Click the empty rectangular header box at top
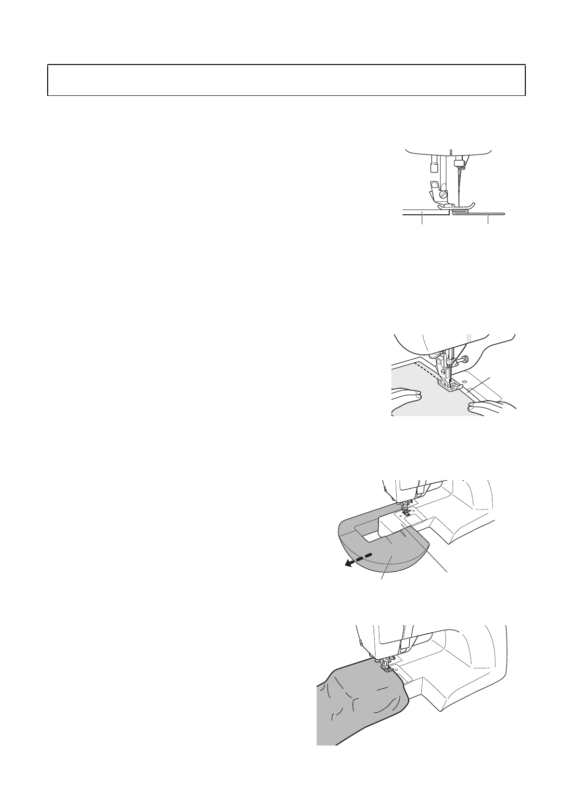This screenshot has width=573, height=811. pyautogui.click(x=286, y=80)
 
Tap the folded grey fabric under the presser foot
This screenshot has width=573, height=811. pyautogui.click(x=461, y=211)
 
